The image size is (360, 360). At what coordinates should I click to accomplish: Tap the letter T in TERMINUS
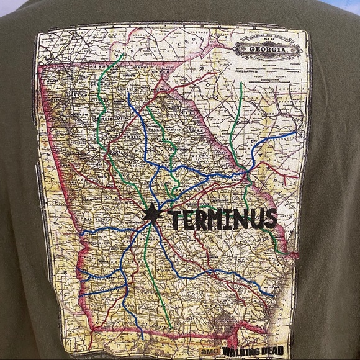174,218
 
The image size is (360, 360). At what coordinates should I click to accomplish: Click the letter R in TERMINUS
200,219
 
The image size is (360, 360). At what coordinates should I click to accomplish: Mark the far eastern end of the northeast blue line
295,132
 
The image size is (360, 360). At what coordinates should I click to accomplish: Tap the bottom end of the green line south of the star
169,325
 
